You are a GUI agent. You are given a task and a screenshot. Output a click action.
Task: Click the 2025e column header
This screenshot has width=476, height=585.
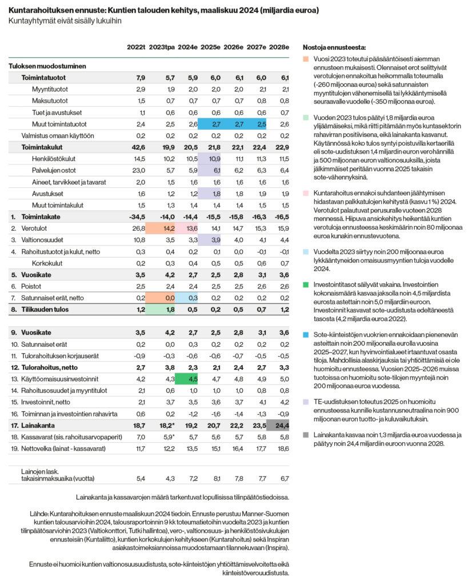(x=210, y=47)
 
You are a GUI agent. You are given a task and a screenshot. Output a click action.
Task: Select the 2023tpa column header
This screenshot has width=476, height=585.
(x=162, y=47)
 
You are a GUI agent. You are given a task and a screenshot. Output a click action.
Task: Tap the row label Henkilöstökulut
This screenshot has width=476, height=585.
(x=54, y=159)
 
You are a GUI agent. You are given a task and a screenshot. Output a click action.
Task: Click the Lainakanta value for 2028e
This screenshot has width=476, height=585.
(x=282, y=426)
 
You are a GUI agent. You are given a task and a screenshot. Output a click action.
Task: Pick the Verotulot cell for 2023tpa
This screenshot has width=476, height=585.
(x=169, y=229)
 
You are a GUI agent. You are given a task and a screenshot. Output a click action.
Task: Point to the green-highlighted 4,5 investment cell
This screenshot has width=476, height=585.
(x=193, y=379)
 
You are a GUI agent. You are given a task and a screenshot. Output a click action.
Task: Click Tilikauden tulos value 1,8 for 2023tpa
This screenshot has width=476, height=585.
(x=170, y=310)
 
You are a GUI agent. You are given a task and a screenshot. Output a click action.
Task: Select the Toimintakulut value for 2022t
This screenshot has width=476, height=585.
(x=138, y=147)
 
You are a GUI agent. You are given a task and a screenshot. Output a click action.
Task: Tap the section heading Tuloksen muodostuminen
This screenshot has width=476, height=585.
(x=47, y=66)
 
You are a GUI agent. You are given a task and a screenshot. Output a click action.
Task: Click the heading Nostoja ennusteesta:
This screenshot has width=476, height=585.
(x=334, y=47)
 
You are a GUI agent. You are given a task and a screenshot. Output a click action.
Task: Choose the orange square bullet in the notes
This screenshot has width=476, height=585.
(x=306, y=59)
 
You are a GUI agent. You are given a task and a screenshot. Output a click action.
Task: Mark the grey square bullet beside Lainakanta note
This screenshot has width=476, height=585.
(x=306, y=435)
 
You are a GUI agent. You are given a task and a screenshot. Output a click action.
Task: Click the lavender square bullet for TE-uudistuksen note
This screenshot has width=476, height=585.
(x=306, y=402)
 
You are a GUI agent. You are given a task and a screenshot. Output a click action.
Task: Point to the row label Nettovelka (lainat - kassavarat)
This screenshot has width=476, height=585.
(x=63, y=449)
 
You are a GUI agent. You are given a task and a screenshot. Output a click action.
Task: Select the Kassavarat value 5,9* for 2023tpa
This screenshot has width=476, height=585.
(x=169, y=437)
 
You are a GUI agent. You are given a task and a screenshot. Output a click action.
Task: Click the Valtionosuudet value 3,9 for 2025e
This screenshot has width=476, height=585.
(x=216, y=240)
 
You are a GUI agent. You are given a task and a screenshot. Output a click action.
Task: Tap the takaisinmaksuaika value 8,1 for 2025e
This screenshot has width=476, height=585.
(x=216, y=479)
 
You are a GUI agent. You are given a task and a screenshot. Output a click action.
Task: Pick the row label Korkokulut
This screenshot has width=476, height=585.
(x=47, y=263)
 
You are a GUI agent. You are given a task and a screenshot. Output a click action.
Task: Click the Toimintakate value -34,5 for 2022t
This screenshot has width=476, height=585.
(x=137, y=217)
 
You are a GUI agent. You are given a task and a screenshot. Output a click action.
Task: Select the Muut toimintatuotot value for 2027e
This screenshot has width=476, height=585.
(x=262, y=124)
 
